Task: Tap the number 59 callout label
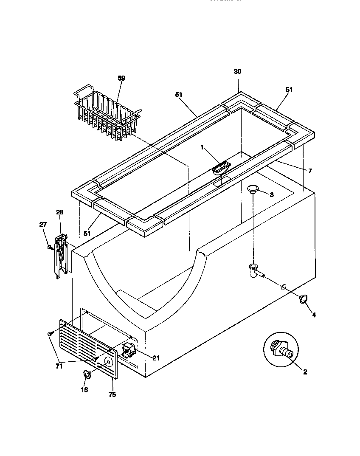click(x=121, y=78)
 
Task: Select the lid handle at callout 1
click(x=221, y=168)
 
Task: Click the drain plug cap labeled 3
click(x=253, y=188)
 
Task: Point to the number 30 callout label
click(x=237, y=72)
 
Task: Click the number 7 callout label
click(x=310, y=171)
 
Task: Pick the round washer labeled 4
click(x=304, y=299)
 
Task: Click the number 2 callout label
click(x=305, y=372)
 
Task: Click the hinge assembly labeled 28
click(x=61, y=256)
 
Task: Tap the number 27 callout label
click(x=43, y=225)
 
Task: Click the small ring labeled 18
click(x=87, y=374)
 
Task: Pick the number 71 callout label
click(x=59, y=366)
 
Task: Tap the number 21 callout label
click(x=155, y=358)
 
